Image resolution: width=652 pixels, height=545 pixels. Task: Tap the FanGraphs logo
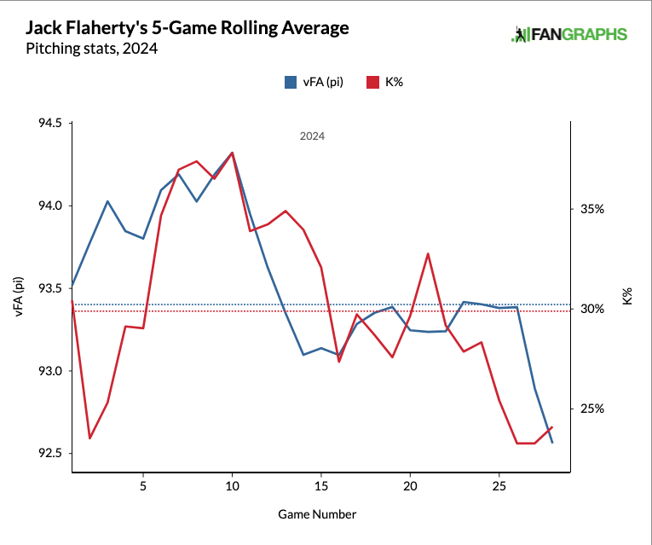click(569, 35)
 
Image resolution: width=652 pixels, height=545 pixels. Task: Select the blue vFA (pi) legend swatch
click(291, 83)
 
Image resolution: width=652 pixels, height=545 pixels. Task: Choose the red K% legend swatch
click(372, 83)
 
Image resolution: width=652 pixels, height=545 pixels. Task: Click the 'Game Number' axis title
click(317, 514)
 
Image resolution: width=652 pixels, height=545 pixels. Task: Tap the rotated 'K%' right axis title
click(627, 297)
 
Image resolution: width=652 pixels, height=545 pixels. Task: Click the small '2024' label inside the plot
click(312, 136)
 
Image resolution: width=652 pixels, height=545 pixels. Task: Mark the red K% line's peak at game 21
click(428, 253)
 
